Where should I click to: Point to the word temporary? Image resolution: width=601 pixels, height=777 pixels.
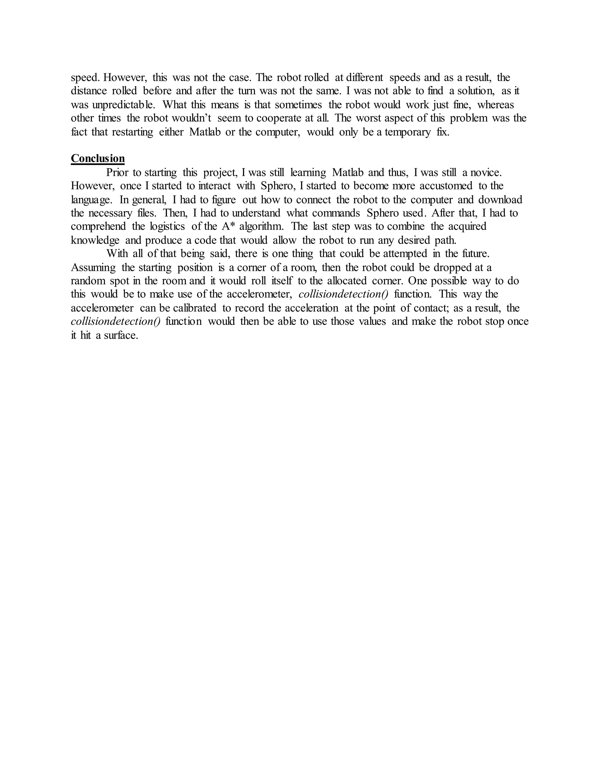coord(408,132)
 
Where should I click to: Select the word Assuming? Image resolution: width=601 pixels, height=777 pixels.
coord(93,267)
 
